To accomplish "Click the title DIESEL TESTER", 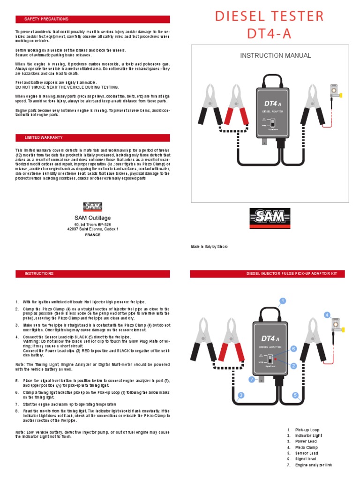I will click(x=269, y=16).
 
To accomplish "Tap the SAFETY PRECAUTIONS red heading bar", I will click(x=92, y=19).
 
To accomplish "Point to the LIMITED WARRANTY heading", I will click(x=92, y=137).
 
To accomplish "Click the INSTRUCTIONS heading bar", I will click(x=92, y=273).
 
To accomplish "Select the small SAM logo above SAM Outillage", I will click(x=92, y=206).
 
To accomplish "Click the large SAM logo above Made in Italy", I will click(x=269, y=218).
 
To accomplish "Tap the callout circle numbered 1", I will click(x=283, y=300).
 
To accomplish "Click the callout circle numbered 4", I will click(x=327, y=315).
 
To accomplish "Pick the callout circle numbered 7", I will click(x=252, y=379).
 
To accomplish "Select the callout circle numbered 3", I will click(x=240, y=396).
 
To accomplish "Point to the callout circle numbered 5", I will click(x=295, y=395).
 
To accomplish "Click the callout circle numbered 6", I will click(x=293, y=349).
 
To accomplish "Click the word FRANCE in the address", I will click(x=92, y=235).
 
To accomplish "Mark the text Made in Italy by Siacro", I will click(x=209, y=247).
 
